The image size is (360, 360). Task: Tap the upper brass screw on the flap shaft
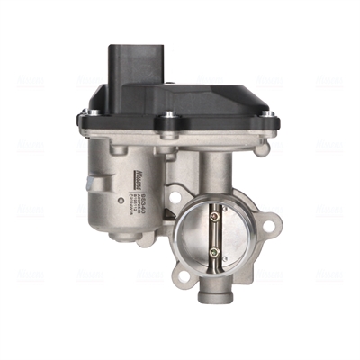pyautogui.click(x=215, y=213)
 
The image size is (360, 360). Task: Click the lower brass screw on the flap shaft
pyautogui.click(x=215, y=252)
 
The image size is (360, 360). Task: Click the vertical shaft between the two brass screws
pyautogui.click(x=215, y=232)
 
